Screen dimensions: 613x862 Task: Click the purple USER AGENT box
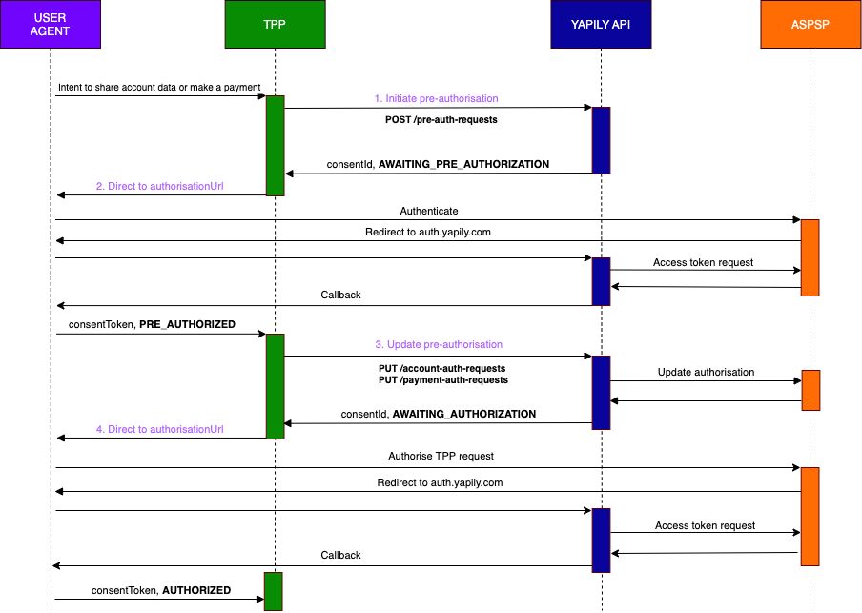(x=50, y=25)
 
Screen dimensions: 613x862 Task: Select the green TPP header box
(x=275, y=25)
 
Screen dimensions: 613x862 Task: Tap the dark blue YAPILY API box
(x=601, y=25)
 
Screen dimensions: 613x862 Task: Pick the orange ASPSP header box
(x=811, y=25)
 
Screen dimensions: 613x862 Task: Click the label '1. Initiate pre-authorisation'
(x=436, y=98)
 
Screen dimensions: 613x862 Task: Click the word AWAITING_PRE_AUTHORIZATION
(x=463, y=164)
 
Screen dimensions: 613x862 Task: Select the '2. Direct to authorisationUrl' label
(x=159, y=186)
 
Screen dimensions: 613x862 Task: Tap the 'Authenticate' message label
(x=429, y=211)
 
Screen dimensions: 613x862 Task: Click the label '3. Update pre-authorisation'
(x=439, y=344)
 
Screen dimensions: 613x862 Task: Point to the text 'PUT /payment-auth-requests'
(x=442, y=379)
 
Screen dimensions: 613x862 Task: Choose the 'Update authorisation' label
(x=706, y=372)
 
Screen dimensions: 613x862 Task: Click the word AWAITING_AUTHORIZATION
(x=463, y=414)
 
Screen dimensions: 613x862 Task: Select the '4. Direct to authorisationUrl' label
(x=159, y=429)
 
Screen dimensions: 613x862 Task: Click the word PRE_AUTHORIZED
(x=187, y=324)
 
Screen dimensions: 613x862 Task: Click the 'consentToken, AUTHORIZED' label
(x=161, y=590)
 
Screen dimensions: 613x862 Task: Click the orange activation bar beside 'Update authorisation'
(x=811, y=388)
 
